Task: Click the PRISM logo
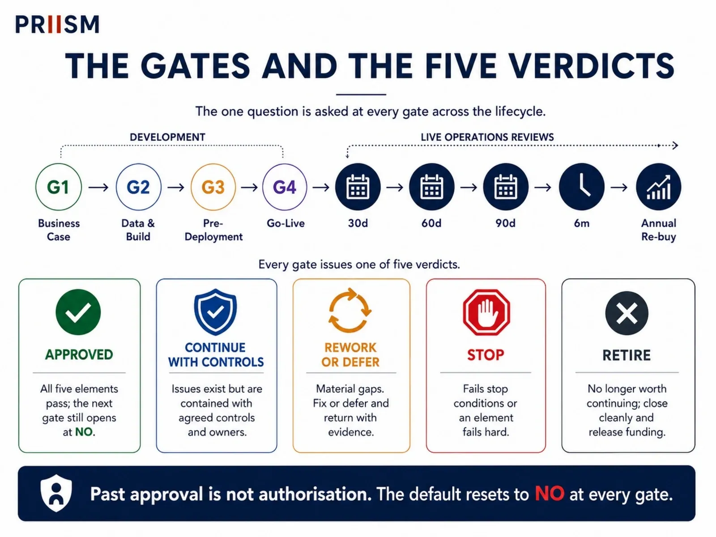coord(57,25)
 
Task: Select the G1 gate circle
coord(58,187)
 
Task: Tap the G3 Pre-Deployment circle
coord(213,187)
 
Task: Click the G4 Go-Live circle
coord(285,187)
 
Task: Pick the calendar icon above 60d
coord(431,187)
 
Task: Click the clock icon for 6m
coord(582,187)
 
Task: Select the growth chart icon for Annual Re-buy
coord(659,187)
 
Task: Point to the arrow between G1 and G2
coord(98,187)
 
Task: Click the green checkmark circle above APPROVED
coord(78,312)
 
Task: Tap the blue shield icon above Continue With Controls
coord(215,312)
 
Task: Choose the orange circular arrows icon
coord(349,310)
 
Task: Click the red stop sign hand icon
coord(486,312)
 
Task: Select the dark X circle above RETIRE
coord(626,313)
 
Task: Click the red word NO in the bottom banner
coord(550,494)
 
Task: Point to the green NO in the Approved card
coord(84,432)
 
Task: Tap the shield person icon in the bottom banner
coord(56,493)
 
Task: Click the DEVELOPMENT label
coord(168,137)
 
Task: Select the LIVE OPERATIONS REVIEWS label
coord(487,137)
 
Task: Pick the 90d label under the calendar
coord(505,223)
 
